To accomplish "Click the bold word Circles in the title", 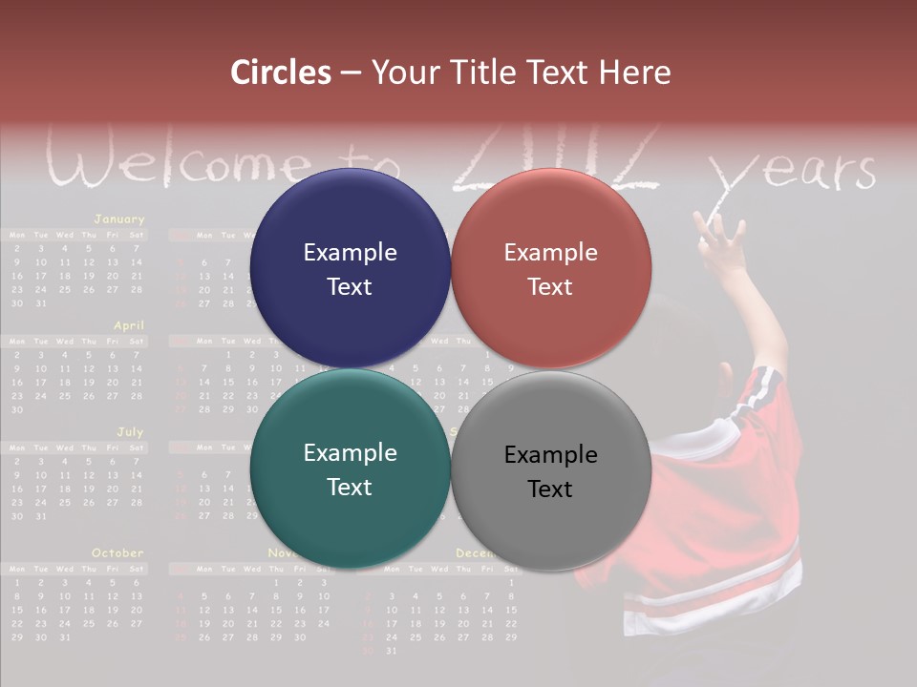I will (280, 73).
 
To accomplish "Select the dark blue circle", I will (350, 268).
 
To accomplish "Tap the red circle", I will (551, 268).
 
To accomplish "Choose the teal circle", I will (350, 468).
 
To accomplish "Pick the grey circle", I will (551, 470).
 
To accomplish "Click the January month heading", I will (118, 219).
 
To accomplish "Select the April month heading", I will (129, 325).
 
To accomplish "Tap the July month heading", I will (130, 432).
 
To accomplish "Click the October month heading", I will (117, 553).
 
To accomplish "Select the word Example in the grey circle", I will (550, 454).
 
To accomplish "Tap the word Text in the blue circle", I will (350, 286).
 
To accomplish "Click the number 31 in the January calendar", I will (40, 303).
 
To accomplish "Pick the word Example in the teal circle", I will (350, 452).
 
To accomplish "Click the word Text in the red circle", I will (550, 286).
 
